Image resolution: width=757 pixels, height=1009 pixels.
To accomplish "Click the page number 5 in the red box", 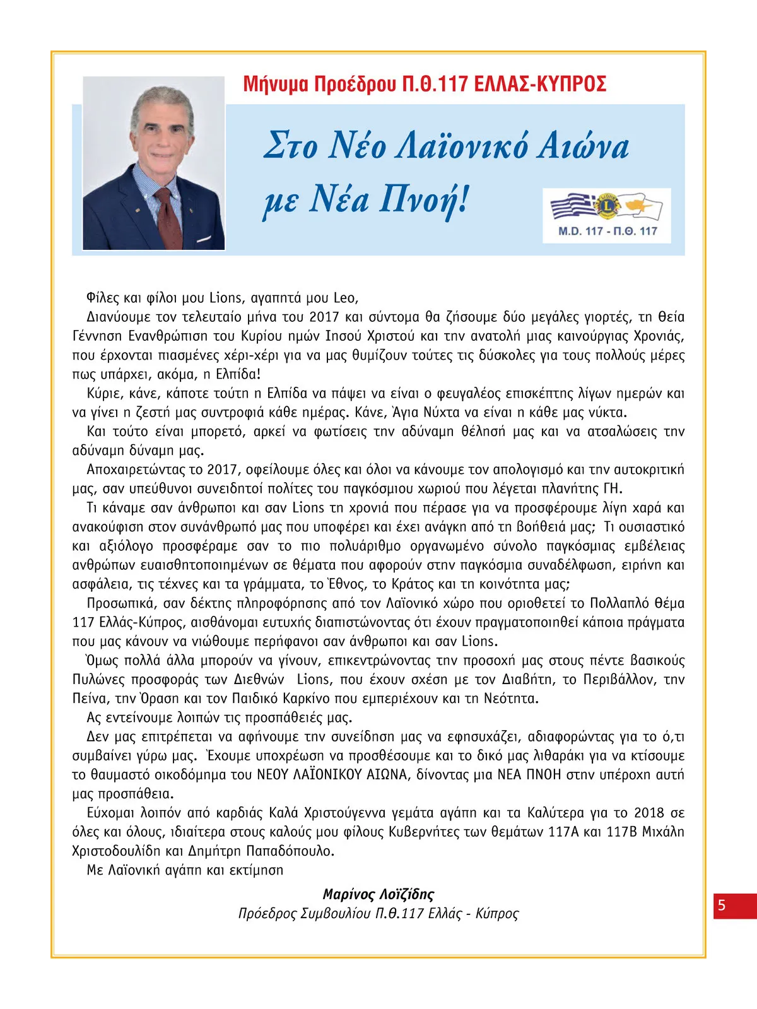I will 722,906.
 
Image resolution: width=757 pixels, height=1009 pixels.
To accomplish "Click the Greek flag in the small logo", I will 572,206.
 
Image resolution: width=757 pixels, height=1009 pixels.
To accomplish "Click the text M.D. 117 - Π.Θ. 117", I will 607,231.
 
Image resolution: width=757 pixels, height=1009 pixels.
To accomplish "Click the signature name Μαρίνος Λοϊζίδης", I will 378,894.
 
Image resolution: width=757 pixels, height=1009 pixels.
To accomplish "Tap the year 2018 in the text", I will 649,813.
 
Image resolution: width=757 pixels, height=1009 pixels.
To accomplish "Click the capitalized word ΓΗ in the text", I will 611,488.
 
